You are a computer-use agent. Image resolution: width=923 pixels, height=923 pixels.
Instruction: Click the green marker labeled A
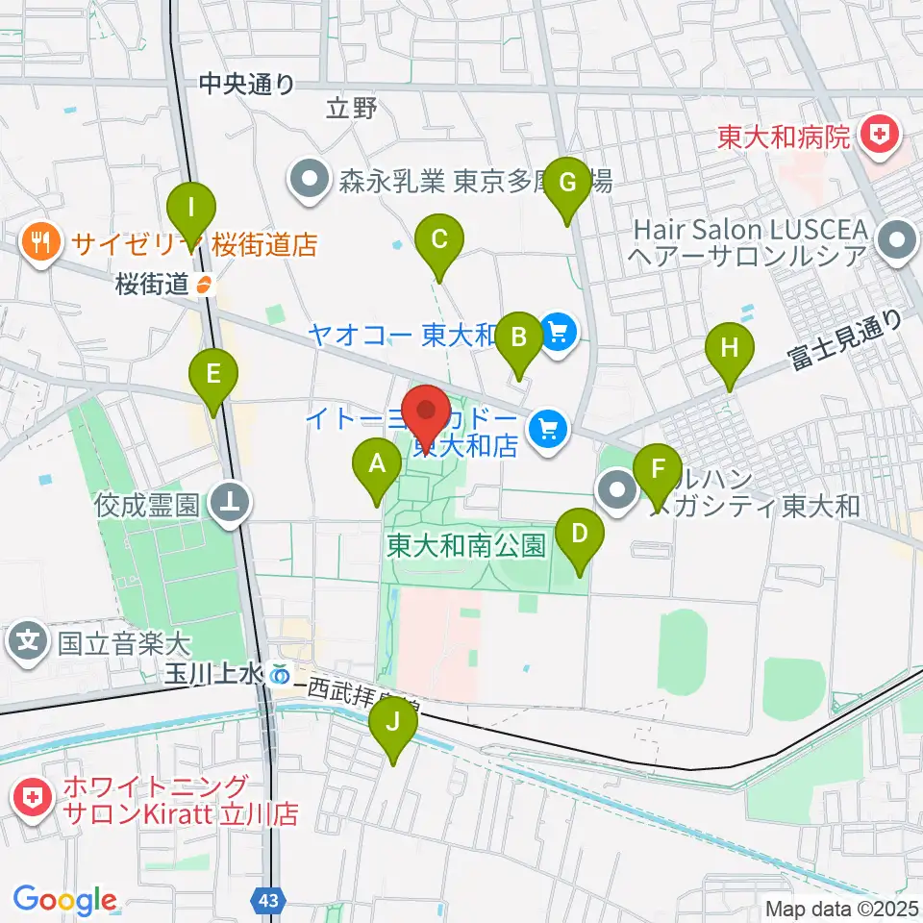(378, 467)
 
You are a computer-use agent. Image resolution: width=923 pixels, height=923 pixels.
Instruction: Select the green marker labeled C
(439, 240)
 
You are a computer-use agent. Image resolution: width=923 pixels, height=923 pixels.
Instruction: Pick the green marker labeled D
(580, 535)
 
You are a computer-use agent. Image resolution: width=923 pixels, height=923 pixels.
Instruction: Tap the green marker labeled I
(192, 209)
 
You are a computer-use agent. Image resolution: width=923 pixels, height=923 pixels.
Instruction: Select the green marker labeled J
(392, 724)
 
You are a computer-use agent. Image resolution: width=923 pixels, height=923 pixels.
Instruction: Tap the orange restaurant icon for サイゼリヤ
(39, 241)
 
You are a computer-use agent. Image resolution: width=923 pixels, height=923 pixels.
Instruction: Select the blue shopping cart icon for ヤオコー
(558, 334)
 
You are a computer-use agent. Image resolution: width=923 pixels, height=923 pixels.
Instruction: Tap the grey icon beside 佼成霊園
(232, 501)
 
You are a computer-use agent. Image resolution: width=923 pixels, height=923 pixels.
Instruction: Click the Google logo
(64, 900)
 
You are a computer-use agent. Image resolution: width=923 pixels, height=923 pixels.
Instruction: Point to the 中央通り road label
(247, 85)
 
